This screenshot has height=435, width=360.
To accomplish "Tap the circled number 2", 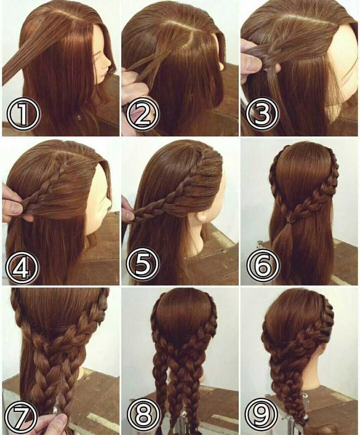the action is pos(143,114).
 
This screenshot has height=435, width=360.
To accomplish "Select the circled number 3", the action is pos(262,114).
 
